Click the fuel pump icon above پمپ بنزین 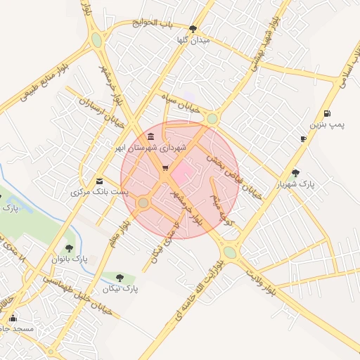coord(327,114)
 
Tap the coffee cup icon coord(303,139)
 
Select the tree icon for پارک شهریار coord(295,172)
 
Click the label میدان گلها coord(194,41)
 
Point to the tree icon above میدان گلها coord(193,29)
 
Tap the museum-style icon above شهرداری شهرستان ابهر coord(152,136)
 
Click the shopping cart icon coord(165,168)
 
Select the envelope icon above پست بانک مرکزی coord(99,180)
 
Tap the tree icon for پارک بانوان coord(69,247)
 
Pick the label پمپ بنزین coord(328,125)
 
